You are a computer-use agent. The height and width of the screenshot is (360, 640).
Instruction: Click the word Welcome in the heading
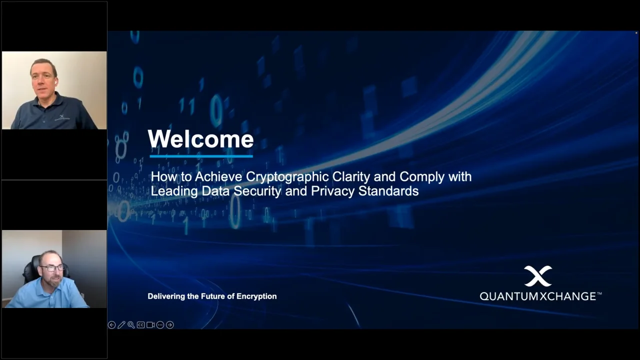point(200,139)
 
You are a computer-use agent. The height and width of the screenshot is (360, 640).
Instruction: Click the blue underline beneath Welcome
point(201,156)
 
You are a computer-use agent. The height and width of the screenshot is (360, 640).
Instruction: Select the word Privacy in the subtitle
point(332,191)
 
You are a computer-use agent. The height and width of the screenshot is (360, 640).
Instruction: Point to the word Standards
point(388,191)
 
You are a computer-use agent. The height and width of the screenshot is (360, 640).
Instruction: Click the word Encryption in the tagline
point(256,296)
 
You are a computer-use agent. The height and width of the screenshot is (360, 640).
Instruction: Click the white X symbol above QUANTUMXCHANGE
point(538,275)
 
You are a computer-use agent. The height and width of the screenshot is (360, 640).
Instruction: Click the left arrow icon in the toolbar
point(111,325)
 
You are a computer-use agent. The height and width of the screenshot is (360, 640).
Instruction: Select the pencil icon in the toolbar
point(121,325)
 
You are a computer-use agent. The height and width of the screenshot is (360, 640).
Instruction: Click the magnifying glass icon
point(131,325)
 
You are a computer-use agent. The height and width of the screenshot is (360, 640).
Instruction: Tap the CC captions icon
point(140,325)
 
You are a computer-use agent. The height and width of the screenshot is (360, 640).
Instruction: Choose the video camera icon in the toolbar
point(150,325)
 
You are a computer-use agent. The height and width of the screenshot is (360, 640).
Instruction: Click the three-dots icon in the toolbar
point(160,325)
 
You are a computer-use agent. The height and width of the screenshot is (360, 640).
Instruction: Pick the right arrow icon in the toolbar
point(169,325)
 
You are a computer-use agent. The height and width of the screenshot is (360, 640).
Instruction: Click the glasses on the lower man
point(52,268)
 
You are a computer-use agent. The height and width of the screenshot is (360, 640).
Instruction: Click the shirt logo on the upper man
point(61,117)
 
